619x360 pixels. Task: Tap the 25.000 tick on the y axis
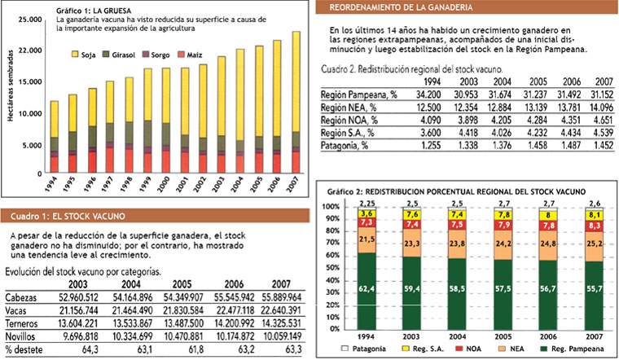coord(27,19)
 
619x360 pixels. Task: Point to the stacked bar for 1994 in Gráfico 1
coord(54,138)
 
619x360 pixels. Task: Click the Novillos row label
coord(23,335)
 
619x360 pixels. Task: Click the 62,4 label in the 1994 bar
coord(367,288)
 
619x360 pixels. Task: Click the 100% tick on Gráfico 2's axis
coord(331,206)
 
